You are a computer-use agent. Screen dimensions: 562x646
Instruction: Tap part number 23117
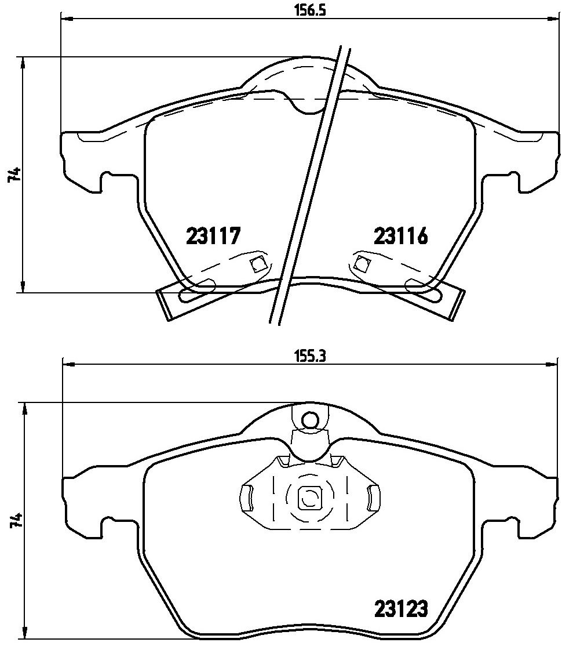(213, 237)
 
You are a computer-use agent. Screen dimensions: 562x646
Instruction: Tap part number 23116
(400, 237)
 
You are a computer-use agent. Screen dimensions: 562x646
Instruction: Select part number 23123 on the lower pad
(401, 608)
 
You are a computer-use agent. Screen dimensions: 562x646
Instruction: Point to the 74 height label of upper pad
(14, 175)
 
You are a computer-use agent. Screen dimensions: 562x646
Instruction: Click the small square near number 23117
(258, 264)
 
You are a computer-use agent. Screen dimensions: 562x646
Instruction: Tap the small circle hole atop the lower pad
(309, 420)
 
